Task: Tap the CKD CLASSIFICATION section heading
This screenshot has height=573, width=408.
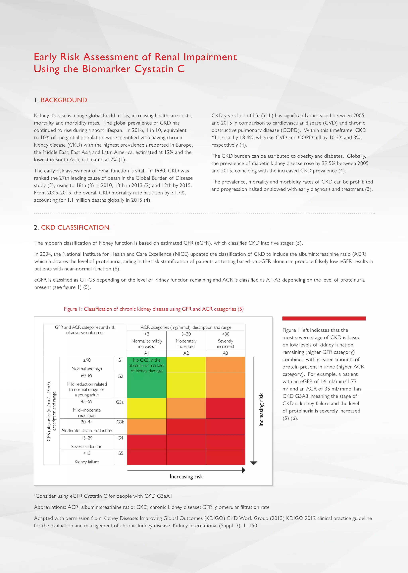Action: [75, 227]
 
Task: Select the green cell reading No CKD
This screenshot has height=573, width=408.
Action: [146, 366]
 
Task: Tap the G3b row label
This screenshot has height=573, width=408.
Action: [120, 422]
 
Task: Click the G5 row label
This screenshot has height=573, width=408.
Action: [120, 453]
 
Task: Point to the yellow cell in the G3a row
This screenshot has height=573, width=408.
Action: [146, 408]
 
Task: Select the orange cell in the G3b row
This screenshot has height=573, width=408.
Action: [146, 427]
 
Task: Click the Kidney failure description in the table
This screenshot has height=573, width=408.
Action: [87, 462]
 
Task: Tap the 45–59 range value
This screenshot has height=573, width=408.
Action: [87, 401]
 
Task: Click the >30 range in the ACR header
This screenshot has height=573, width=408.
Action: [225, 334]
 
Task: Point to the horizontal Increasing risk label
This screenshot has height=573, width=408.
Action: [186, 476]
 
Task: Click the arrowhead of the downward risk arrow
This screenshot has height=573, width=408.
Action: [254, 463]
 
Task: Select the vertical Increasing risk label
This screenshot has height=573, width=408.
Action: [261, 410]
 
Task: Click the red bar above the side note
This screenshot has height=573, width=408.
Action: [324, 319]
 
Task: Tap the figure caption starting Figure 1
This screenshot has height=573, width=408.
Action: [154, 309]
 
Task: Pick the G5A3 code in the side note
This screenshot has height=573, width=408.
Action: [301, 396]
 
